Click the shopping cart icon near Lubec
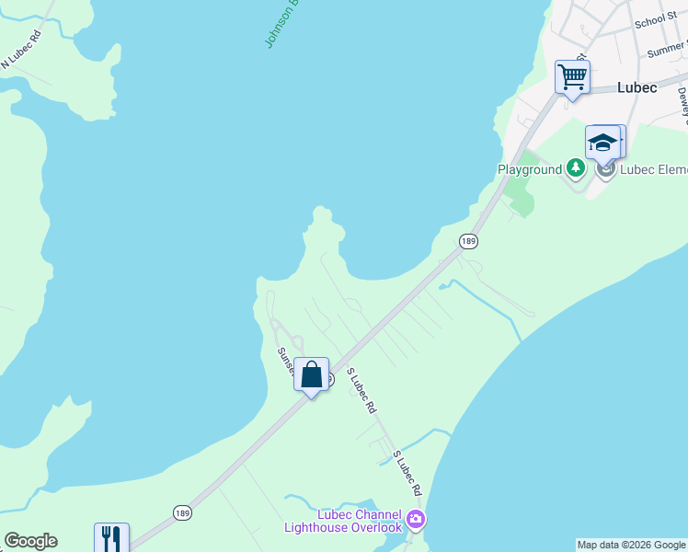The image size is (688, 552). pyautogui.click(x=572, y=76)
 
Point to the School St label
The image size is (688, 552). pyautogui.click(x=655, y=20)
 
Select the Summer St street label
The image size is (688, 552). pyautogui.click(x=667, y=50)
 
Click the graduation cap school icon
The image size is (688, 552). pyautogui.click(x=603, y=143)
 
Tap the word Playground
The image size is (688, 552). pyautogui.click(x=529, y=169)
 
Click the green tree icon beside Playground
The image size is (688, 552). pyautogui.click(x=576, y=167)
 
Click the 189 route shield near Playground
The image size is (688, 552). pyautogui.click(x=468, y=241)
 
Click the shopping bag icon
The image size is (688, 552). pyautogui.click(x=311, y=375)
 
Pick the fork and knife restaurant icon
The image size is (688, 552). pyautogui.click(x=111, y=538)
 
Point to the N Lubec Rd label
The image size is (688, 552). pyautogui.click(x=23, y=52)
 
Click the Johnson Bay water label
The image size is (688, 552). pyautogui.click(x=282, y=23)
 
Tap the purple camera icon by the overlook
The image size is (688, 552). pyautogui.click(x=416, y=521)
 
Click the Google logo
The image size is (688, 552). pyautogui.click(x=30, y=541)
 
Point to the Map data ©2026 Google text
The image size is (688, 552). pyautogui.click(x=631, y=545)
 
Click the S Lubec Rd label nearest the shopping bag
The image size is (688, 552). pyautogui.click(x=361, y=390)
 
